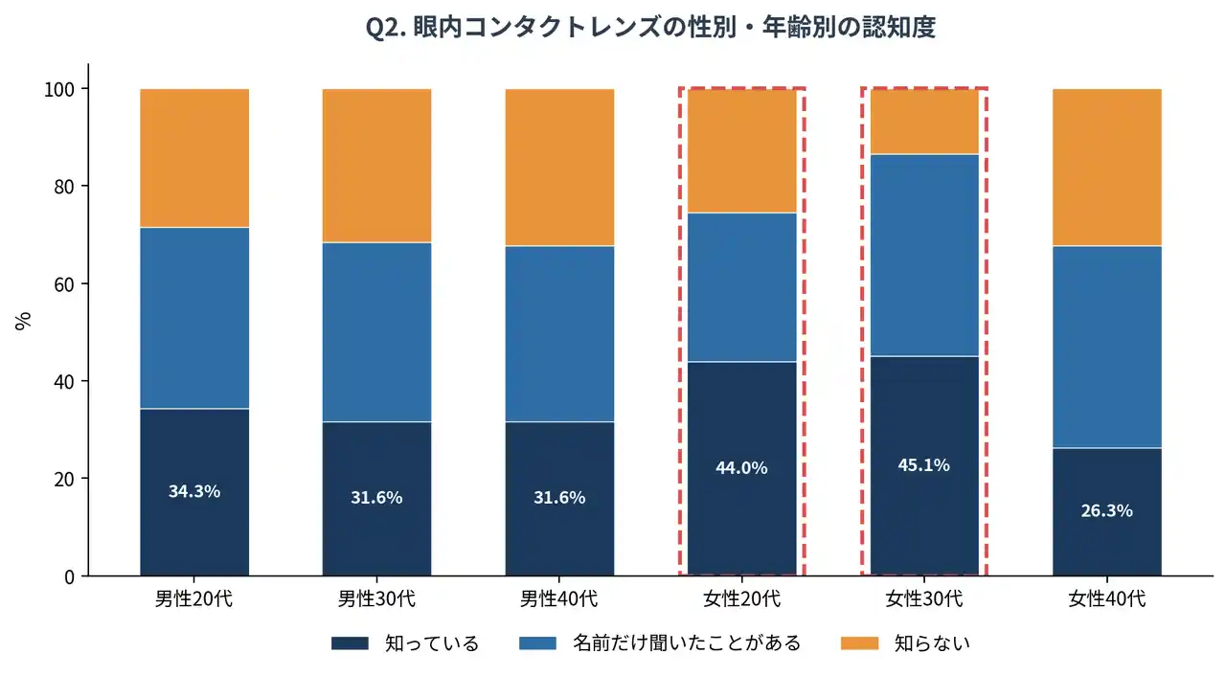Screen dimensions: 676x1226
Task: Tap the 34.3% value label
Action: click(x=194, y=491)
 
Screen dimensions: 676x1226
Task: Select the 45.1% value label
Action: click(x=924, y=465)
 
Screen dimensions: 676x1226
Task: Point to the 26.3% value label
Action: click(x=1106, y=510)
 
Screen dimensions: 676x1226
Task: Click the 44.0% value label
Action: click(x=741, y=468)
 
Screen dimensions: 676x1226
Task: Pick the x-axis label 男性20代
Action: click(x=194, y=600)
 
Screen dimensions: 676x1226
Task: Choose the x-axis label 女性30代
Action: click(x=924, y=600)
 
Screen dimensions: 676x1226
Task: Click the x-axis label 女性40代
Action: click(x=1106, y=600)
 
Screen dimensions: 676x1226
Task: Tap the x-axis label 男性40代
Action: click(x=559, y=600)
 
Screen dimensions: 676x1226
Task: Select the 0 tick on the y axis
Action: click(x=72, y=576)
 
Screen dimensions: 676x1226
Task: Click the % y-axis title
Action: click(x=24, y=321)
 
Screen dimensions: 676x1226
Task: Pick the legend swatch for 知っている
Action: click(x=350, y=643)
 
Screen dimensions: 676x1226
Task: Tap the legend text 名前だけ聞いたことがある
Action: click(x=687, y=643)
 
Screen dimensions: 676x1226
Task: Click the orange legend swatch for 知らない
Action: click(x=859, y=643)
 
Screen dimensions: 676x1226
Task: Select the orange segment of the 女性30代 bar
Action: click(x=924, y=122)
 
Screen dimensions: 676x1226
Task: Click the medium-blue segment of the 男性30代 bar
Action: click(x=376, y=332)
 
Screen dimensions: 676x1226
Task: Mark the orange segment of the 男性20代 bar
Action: click(x=194, y=158)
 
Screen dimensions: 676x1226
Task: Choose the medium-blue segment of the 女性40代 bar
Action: click(x=1106, y=347)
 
